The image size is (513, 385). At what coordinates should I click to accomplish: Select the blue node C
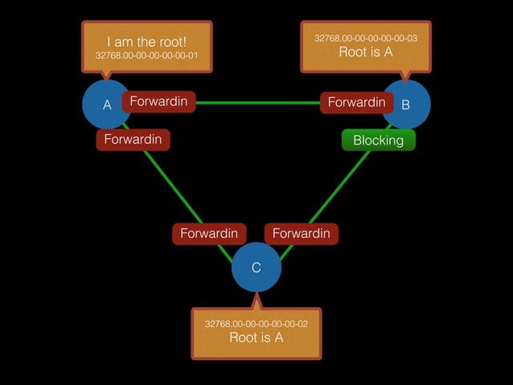click(256, 268)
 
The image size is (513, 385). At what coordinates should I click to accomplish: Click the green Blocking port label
click(378, 140)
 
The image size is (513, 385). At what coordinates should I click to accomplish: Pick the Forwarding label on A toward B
click(158, 102)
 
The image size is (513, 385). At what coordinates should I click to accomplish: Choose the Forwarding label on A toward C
click(133, 139)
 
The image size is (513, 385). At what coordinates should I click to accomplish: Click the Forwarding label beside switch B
click(356, 102)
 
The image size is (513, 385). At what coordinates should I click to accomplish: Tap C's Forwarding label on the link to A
click(208, 233)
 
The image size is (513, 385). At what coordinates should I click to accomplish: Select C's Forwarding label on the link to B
click(301, 233)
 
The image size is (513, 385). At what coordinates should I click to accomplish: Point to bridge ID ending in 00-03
click(365, 38)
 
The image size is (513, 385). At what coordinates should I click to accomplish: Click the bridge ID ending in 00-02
click(256, 323)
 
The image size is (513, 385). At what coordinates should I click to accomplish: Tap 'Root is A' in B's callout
click(365, 52)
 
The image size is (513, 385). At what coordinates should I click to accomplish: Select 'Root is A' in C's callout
click(256, 338)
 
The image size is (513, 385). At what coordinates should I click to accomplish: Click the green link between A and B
click(257, 102)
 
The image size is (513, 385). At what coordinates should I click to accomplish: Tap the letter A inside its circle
click(106, 104)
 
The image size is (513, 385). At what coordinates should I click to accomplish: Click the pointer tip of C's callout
click(256, 296)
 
